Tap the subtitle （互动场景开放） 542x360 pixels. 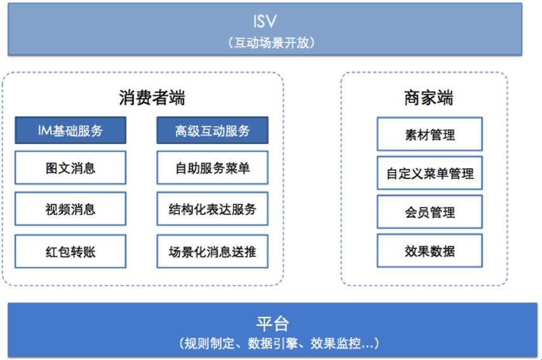[271, 43]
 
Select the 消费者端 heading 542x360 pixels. [152, 98]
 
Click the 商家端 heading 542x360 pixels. [428, 98]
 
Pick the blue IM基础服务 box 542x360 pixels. [71, 130]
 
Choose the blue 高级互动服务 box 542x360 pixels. [212, 130]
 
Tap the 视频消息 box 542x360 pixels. [71, 209]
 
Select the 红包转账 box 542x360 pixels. [71, 251]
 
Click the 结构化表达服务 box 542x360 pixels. [212, 209]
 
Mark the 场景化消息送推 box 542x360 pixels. [212, 251]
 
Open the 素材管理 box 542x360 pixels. [430, 134]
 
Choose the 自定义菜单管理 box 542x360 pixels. [430, 173]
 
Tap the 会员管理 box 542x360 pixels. [430, 212]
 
